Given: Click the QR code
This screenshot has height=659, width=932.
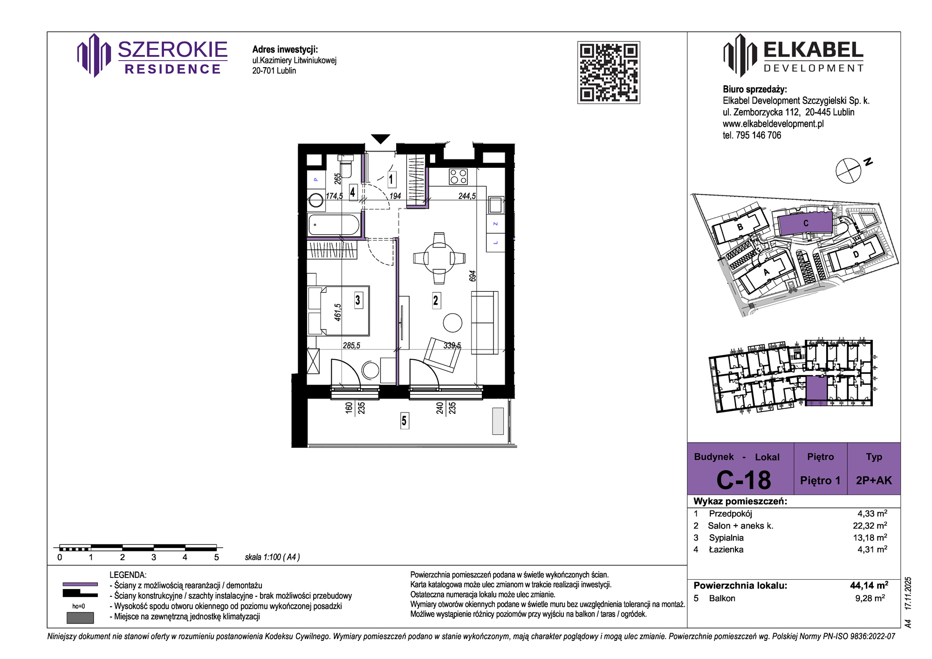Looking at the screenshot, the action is (x=609, y=72).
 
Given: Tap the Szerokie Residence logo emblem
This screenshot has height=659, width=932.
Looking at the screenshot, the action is (x=94, y=55).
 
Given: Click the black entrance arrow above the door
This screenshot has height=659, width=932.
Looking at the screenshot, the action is (x=380, y=139).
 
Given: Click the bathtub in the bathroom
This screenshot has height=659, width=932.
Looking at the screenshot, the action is (x=334, y=225).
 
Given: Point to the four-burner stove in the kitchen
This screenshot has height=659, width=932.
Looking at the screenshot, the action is (x=458, y=177).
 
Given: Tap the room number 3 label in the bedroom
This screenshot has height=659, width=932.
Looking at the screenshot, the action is (x=358, y=300).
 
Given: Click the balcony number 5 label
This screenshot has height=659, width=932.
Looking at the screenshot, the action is (x=404, y=421).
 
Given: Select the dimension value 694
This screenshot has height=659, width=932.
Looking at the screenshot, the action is (x=473, y=276).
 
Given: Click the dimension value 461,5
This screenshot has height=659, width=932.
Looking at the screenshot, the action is (x=338, y=312).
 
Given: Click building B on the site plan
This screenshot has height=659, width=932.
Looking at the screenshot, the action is (x=740, y=227).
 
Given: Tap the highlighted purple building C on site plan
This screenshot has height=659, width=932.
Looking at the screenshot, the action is (x=805, y=223).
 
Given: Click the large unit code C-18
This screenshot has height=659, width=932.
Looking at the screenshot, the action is (x=744, y=480).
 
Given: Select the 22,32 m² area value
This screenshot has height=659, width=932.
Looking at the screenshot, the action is (x=870, y=526).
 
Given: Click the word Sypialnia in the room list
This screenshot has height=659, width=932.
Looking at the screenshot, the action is (x=726, y=538).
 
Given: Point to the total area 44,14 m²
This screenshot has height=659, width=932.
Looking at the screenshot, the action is (x=869, y=585).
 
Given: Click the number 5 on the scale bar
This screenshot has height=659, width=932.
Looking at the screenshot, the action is (x=216, y=557).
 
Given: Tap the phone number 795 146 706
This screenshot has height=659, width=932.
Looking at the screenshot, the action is (x=758, y=135).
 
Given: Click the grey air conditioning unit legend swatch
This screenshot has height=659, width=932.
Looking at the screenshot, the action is (x=80, y=618).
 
